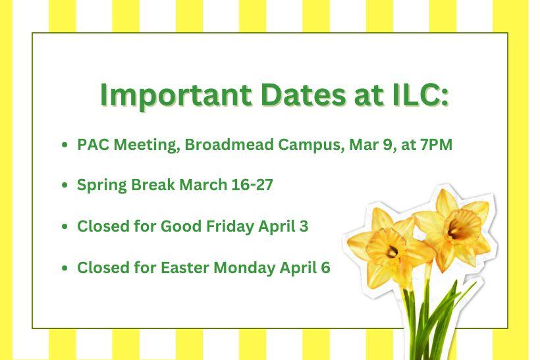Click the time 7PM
[x=435, y=145]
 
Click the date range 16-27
[x=252, y=186]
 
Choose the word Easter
[x=186, y=268]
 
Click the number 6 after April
[x=326, y=268]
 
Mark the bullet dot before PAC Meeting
[x=64, y=145]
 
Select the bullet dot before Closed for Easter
[x=64, y=269]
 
